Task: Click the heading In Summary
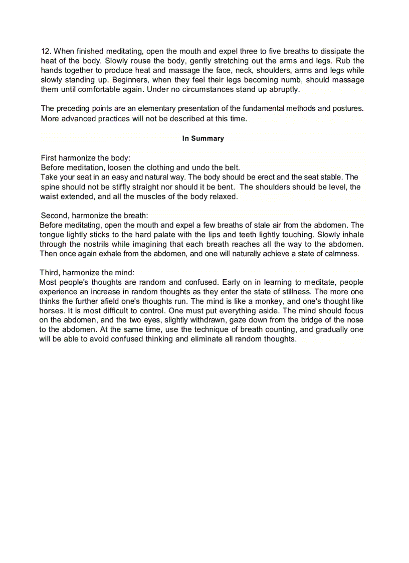point(203,138)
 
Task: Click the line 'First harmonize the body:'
point(85,158)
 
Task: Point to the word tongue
point(51,235)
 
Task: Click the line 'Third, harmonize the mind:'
point(87,273)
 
